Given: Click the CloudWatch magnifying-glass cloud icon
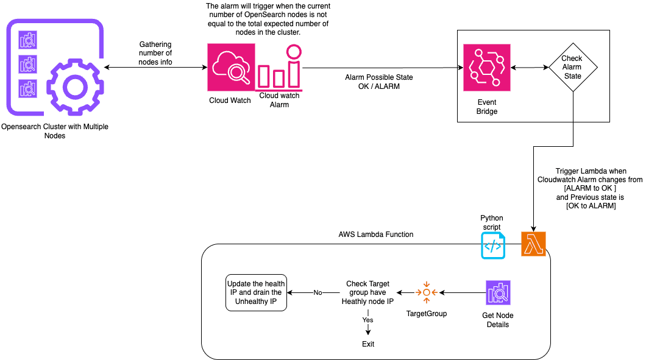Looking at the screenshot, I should point(231,67).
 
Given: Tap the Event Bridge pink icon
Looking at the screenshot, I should point(486,67).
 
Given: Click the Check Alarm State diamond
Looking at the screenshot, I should point(572,67).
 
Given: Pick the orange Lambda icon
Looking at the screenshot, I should point(533,244).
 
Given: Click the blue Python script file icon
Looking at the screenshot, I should point(493,245).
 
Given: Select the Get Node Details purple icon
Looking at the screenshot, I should point(498,293).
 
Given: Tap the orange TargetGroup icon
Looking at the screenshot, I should point(426,292).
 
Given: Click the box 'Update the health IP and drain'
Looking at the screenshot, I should point(256,293).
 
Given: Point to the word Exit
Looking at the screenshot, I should point(368,344).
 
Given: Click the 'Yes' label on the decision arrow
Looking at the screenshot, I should point(368,320).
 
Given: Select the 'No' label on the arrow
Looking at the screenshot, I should point(318,293).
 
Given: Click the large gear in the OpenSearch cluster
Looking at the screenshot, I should point(73,86).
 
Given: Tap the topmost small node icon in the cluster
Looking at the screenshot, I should point(27,40).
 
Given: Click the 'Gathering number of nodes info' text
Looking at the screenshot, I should point(155,53).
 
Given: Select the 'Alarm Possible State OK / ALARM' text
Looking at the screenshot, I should point(378,82).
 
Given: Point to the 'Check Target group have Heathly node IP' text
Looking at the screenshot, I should point(367,293).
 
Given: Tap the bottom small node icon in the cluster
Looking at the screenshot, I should point(27,88).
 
